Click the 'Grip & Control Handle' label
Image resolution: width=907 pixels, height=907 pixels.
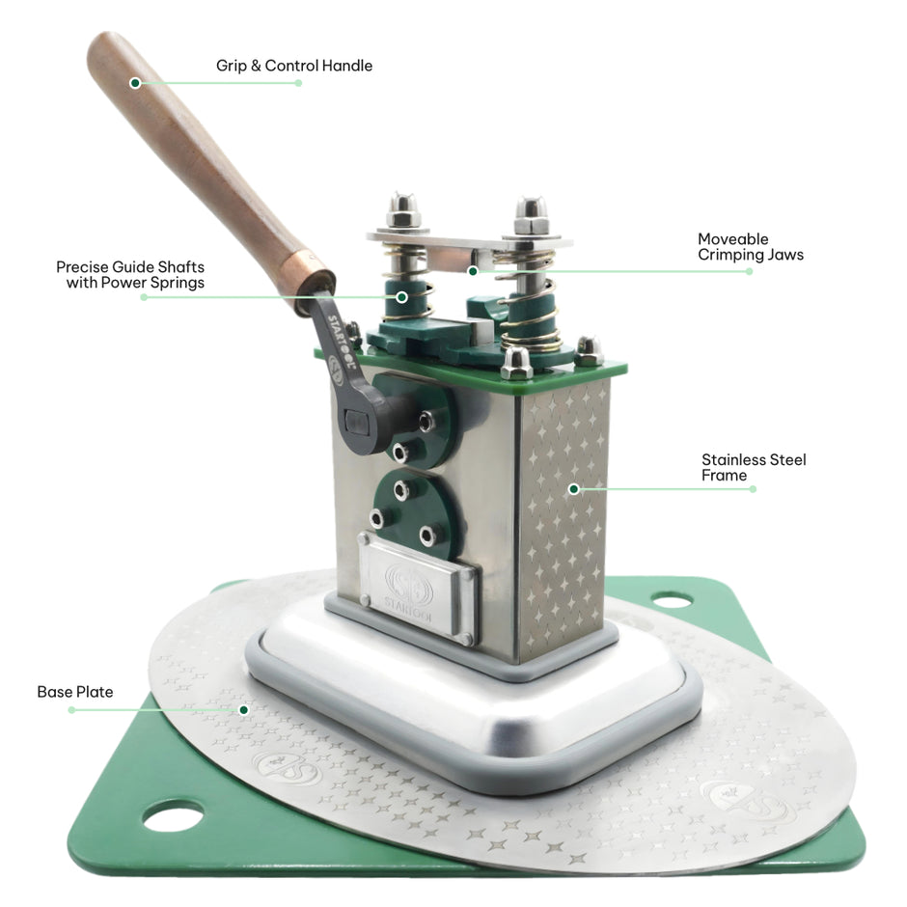[x=294, y=66]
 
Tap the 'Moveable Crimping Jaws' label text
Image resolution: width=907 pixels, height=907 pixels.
[x=751, y=247]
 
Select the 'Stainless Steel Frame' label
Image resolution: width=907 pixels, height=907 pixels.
[x=754, y=467]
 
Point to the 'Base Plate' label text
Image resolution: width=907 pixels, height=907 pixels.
[x=74, y=692]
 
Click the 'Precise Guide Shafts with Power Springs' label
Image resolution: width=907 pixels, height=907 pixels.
[x=130, y=275]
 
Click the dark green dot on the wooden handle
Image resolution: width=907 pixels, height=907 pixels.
[x=135, y=83]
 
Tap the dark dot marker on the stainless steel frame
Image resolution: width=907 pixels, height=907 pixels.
[x=574, y=489]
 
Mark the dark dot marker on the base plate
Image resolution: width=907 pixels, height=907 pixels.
[x=244, y=710]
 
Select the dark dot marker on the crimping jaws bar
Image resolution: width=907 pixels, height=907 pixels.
[x=473, y=271]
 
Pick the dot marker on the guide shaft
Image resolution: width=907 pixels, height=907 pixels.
[x=401, y=297]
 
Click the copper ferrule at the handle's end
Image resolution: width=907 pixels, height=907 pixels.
[x=313, y=282]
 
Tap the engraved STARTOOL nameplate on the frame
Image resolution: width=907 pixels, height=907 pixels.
[x=418, y=587]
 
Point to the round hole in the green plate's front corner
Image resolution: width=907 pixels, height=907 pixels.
[x=174, y=815]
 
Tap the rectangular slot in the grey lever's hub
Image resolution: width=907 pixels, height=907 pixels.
[x=355, y=423]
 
